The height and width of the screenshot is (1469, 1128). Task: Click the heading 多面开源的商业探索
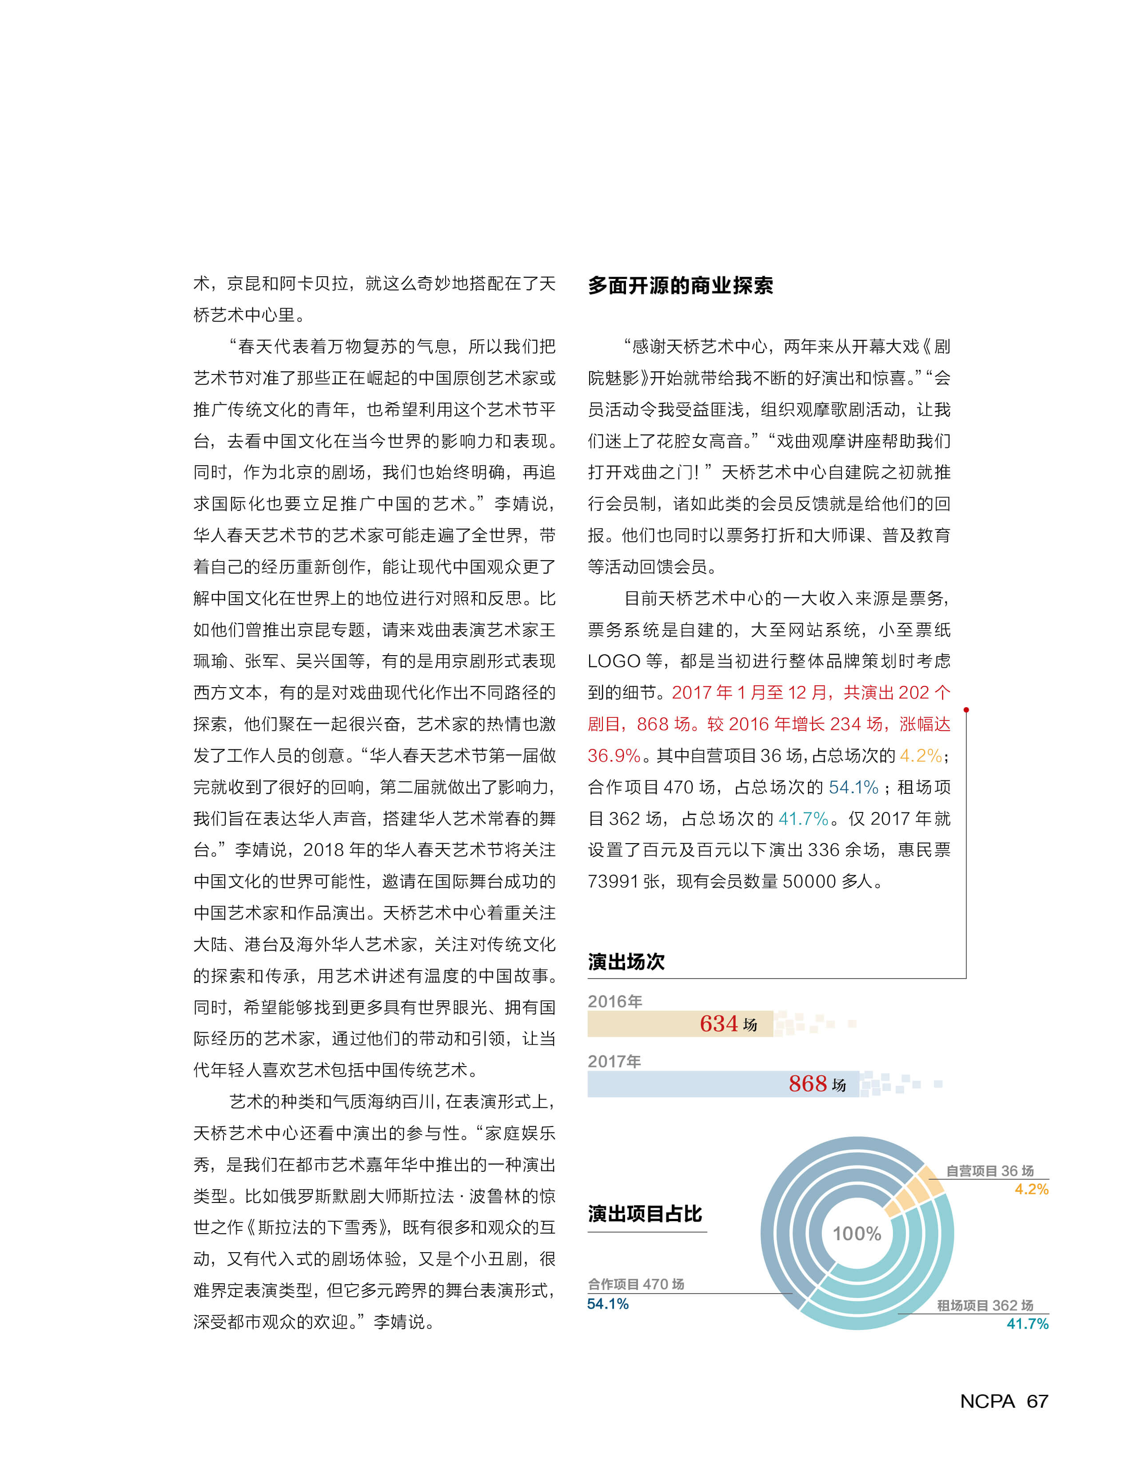[680, 285]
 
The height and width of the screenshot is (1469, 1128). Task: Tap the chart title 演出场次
[626, 961]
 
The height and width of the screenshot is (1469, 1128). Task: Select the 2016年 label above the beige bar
[614, 1001]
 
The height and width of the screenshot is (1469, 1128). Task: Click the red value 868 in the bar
[807, 1083]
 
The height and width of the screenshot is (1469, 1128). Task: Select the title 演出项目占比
[645, 1214]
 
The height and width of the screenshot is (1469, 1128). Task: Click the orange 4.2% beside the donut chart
[1031, 1189]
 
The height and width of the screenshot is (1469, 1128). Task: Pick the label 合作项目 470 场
[636, 1284]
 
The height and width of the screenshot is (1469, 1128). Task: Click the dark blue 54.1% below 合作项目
[608, 1304]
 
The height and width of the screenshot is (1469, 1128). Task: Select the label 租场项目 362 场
[985, 1305]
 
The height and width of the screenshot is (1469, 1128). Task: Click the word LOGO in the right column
[614, 661]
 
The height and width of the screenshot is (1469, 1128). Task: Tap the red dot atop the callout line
[965, 710]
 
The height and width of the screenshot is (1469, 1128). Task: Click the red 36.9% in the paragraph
[614, 756]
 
